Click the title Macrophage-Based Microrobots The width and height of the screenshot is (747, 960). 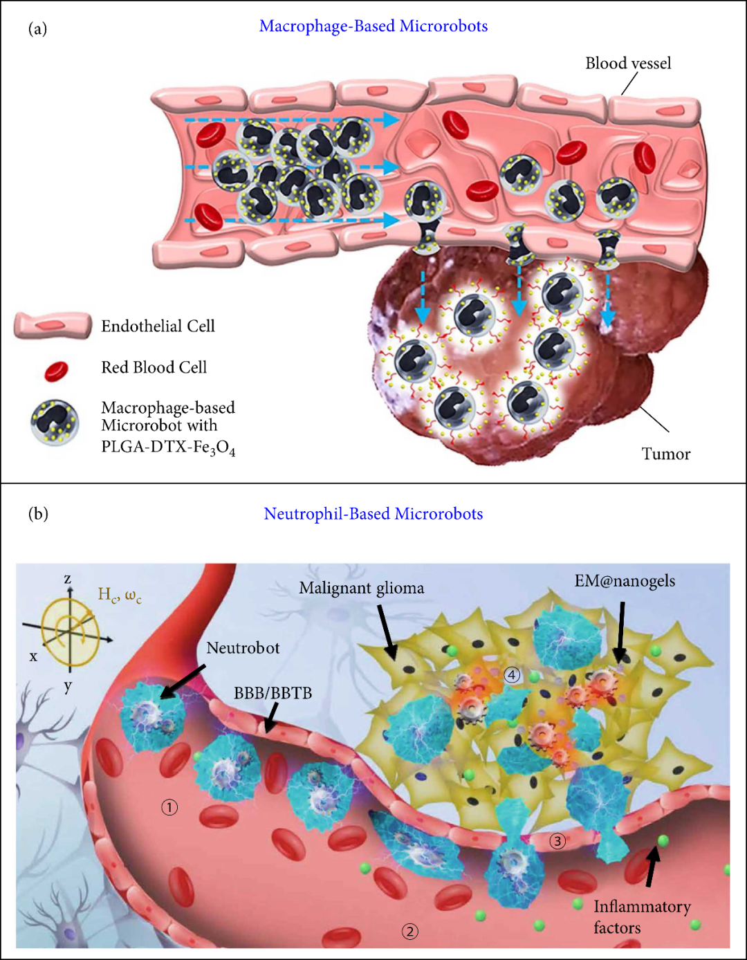point(373,26)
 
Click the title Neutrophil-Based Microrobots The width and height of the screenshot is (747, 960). point(373,514)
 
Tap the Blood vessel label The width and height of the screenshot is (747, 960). point(628,64)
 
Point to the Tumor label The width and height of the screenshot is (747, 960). point(666,454)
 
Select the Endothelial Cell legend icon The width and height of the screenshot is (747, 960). point(53,326)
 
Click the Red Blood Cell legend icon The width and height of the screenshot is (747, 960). point(56,371)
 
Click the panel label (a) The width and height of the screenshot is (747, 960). point(37,28)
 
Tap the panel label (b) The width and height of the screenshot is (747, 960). point(38,513)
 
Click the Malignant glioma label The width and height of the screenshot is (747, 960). point(361,589)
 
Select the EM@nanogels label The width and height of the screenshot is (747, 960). point(625,581)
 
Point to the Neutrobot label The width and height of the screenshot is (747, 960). point(243,648)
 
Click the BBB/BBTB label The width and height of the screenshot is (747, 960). point(273,693)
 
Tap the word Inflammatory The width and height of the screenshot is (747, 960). point(642,907)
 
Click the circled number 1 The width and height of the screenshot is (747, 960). point(169,806)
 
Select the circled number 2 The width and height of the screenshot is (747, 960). point(410,931)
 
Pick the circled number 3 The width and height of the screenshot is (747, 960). point(557,841)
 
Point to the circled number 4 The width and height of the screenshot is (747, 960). point(512,674)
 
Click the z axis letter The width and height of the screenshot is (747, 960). point(68,579)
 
